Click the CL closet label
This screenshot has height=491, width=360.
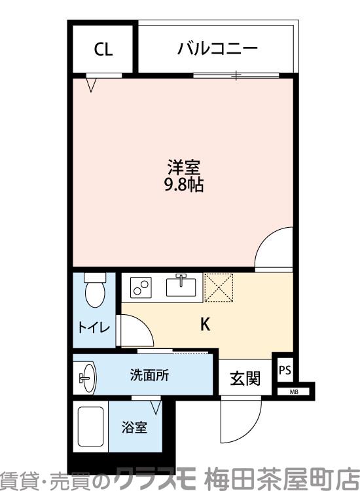103,50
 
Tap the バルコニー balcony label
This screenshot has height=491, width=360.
217,49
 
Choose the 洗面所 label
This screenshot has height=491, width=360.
150,376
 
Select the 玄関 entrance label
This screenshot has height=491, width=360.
245,378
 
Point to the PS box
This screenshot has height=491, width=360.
285,370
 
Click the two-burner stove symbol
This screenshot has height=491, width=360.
140,287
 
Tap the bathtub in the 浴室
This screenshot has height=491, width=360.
92,429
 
